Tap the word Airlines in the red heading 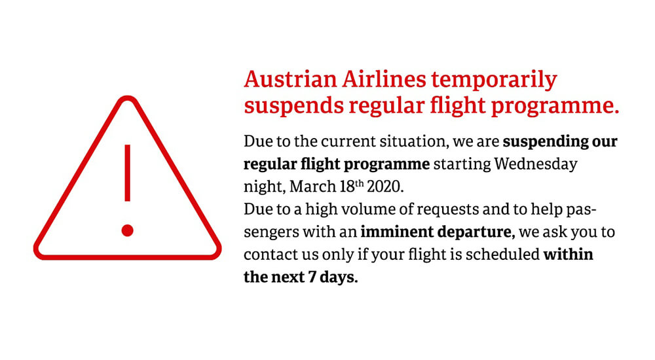coord(384,79)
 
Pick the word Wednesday coord(536,164)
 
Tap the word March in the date coord(312,187)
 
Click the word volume coord(363,209)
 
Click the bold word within coord(568,254)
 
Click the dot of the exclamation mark coord(128,230)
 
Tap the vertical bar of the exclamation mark coord(128,173)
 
